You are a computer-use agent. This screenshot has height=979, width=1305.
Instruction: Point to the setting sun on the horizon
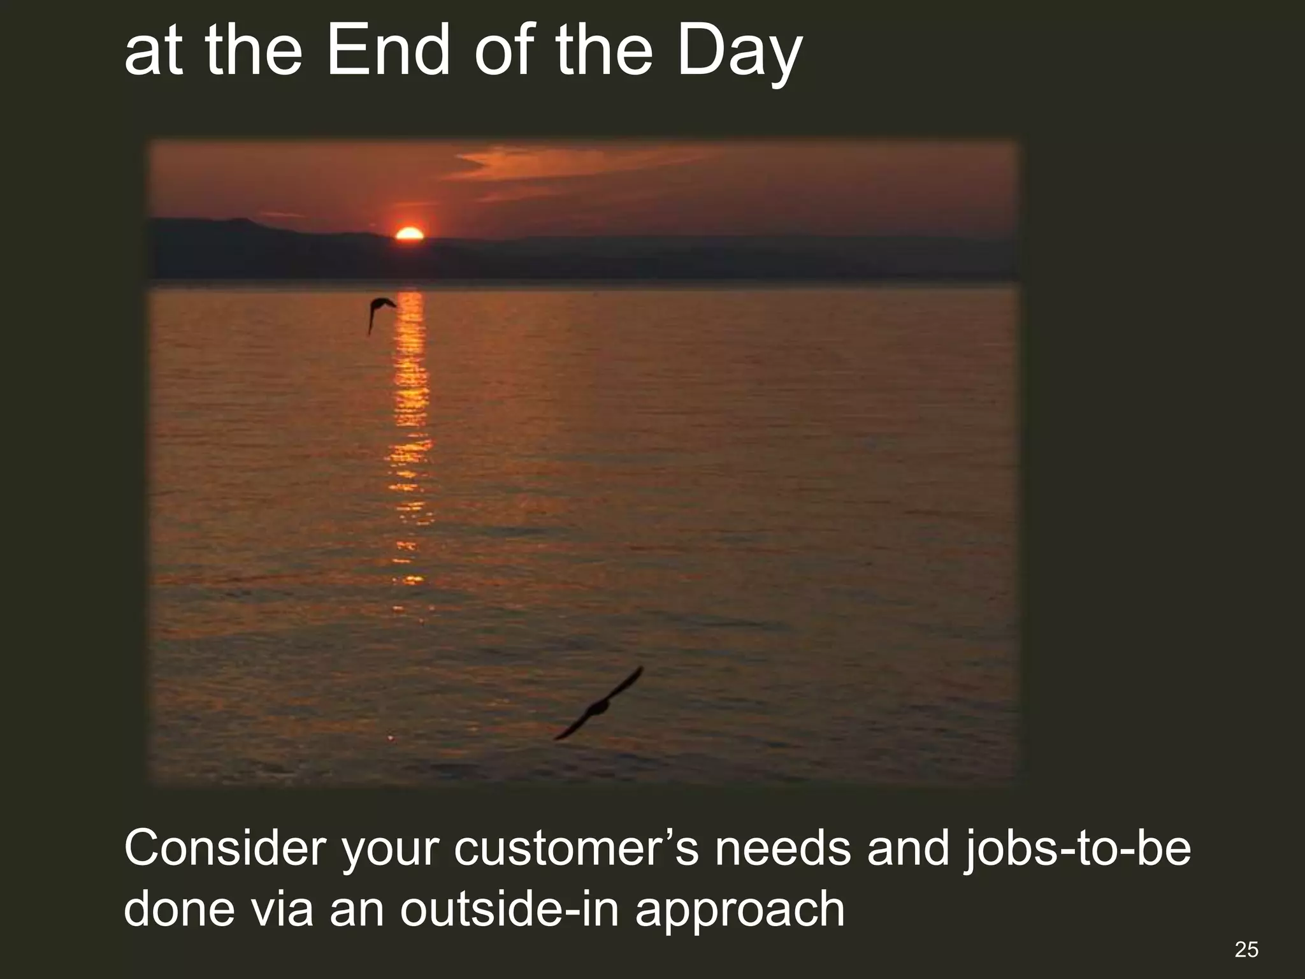(x=409, y=234)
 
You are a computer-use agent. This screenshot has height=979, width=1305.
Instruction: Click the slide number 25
(x=1246, y=949)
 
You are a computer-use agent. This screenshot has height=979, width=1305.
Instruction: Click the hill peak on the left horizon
(x=239, y=222)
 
